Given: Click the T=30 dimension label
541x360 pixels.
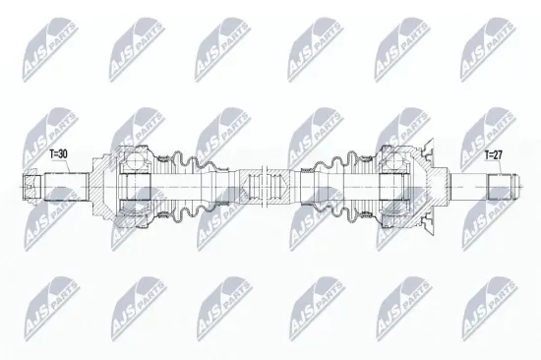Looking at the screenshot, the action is (58, 154).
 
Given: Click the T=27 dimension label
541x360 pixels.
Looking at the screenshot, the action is (494, 155).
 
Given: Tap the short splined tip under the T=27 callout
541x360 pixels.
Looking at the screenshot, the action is (500, 187).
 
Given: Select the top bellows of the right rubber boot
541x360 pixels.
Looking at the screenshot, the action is (340, 160).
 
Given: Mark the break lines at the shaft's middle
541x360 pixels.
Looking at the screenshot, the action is (265, 187).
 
